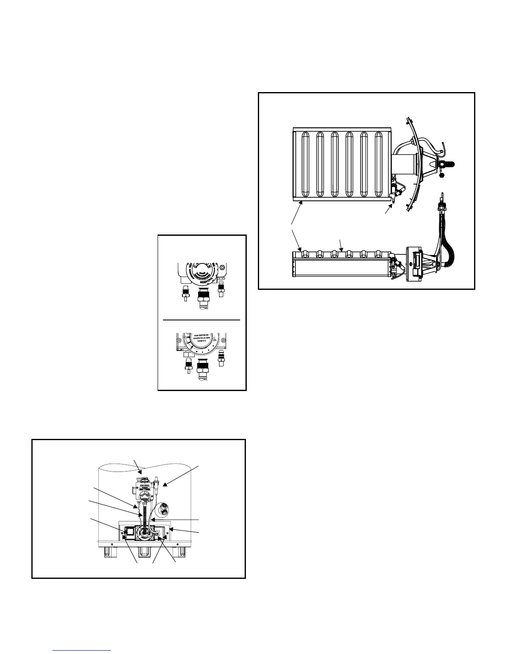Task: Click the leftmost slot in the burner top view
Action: pyautogui.click(x=305, y=165)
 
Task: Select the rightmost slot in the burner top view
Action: pyautogui.click(x=378, y=165)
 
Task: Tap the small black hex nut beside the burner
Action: pyautogui.click(x=442, y=175)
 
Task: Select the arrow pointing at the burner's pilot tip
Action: pyautogui.click(x=388, y=209)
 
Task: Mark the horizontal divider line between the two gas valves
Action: pyautogui.click(x=202, y=320)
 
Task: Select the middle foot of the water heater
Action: pyautogui.click(x=145, y=552)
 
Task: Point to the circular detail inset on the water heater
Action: pyautogui.click(x=164, y=508)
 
